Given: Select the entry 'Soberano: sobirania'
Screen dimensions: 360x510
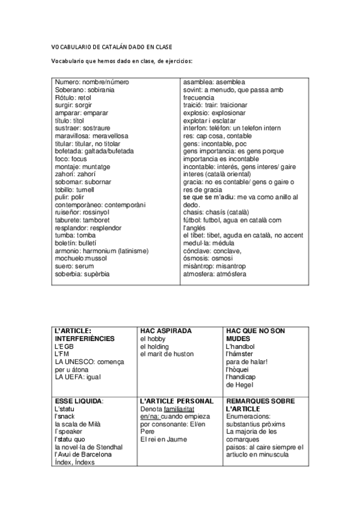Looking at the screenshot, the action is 84,90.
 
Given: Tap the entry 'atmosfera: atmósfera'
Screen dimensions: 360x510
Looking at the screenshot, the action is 215,274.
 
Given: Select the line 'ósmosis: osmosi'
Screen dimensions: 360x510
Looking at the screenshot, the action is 207,259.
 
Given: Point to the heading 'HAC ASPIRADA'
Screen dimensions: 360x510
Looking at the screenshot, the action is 166,331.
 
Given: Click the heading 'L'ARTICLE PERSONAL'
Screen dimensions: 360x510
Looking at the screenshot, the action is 176,401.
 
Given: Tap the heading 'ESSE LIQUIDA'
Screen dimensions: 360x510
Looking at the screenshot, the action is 78,401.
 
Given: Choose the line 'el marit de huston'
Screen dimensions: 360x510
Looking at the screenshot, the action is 166,354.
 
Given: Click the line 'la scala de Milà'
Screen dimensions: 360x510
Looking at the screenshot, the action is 78,424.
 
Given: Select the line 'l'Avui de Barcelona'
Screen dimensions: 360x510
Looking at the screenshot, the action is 83,455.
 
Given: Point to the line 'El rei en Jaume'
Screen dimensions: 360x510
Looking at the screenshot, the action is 163,439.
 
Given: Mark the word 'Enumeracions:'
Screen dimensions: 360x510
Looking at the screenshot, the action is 248,416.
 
